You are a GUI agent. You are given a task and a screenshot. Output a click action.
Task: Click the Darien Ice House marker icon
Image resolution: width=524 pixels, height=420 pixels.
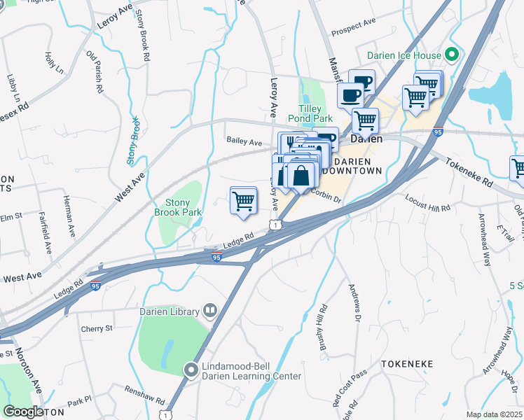tap(452, 55)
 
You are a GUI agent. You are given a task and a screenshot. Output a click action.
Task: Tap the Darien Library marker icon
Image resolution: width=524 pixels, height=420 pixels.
tap(209, 310)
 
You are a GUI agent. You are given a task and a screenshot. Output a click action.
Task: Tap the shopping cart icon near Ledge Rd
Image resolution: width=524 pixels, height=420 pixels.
tap(243, 200)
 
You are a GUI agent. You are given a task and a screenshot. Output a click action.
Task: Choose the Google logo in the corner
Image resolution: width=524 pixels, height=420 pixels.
tap(23, 412)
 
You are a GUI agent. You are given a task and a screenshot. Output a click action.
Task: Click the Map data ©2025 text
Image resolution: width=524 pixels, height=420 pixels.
tap(494, 414)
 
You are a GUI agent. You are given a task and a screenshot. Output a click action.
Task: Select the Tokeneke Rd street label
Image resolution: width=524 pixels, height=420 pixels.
tap(469, 171)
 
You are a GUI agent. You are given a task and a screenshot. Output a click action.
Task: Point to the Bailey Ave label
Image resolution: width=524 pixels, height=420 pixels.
tap(244, 141)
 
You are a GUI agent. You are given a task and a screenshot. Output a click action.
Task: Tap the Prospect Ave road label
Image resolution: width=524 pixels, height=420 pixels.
tap(353, 27)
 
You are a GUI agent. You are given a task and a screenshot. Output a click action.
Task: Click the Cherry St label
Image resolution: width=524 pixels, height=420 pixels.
tap(97, 328)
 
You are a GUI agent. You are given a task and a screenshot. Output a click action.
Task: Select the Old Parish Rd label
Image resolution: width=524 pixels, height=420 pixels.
tap(95, 72)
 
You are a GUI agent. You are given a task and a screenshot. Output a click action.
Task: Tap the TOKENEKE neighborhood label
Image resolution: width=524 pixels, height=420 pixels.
tap(408, 364)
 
